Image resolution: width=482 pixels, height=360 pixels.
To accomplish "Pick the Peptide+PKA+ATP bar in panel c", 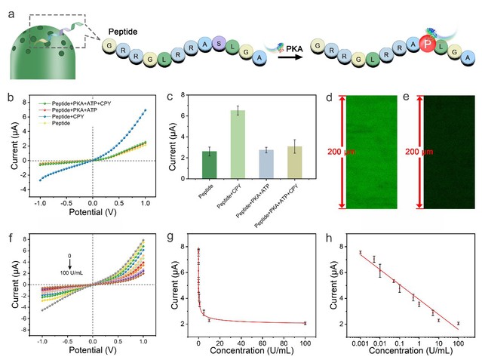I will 266,162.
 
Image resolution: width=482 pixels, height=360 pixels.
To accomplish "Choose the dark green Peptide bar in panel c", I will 208,164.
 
